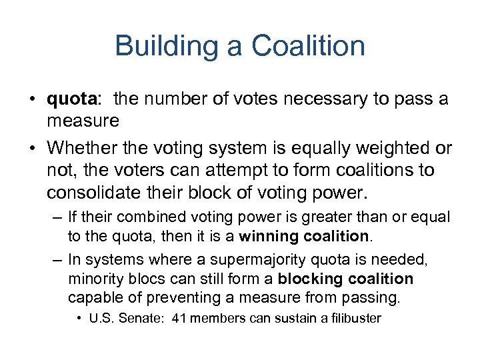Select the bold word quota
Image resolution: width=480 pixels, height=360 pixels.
coord(72,100)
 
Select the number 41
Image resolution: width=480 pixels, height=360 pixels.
coord(179,318)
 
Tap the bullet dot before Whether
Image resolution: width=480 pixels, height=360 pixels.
coord(32,148)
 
